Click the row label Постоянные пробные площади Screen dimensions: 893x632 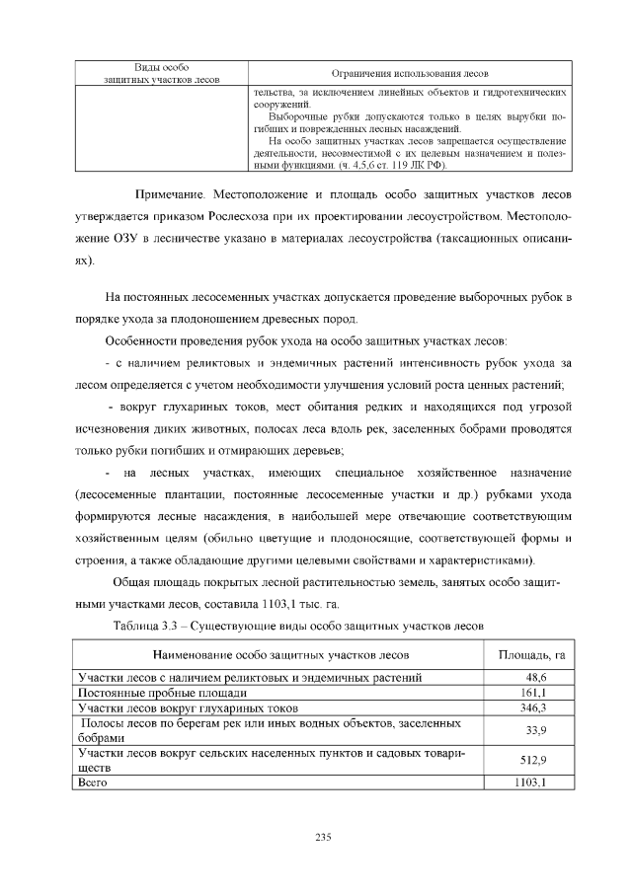(148, 693)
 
